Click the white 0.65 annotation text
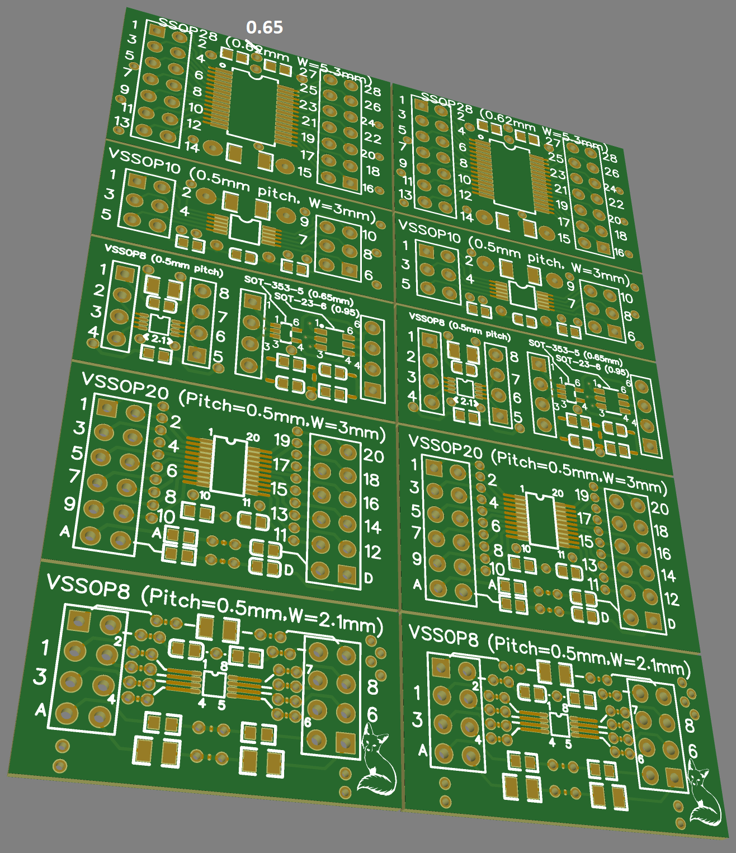point(264,27)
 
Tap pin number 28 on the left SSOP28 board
point(372,91)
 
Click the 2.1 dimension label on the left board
point(159,339)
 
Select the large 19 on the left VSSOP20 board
point(282,440)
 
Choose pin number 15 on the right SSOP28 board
point(564,239)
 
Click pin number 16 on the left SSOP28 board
point(368,188)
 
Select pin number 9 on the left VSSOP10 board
point(304,221)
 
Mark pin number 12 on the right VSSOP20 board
point(672,600)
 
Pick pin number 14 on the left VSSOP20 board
point(372,527)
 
